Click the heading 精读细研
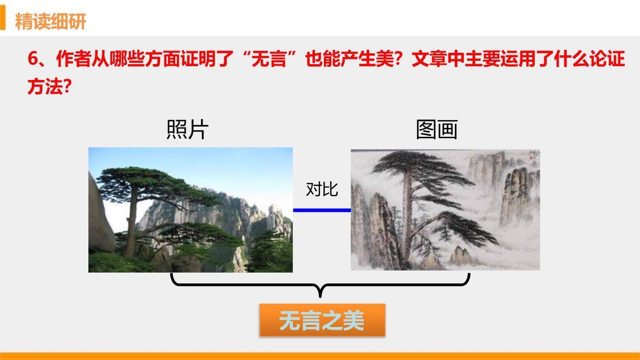[50, 21]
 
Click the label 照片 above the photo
[187, 130]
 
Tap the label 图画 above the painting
[437, 130]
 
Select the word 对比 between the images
[322, 189]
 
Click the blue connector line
[322, 210]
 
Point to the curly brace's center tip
[320, 295]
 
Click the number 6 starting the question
[33, 60]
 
